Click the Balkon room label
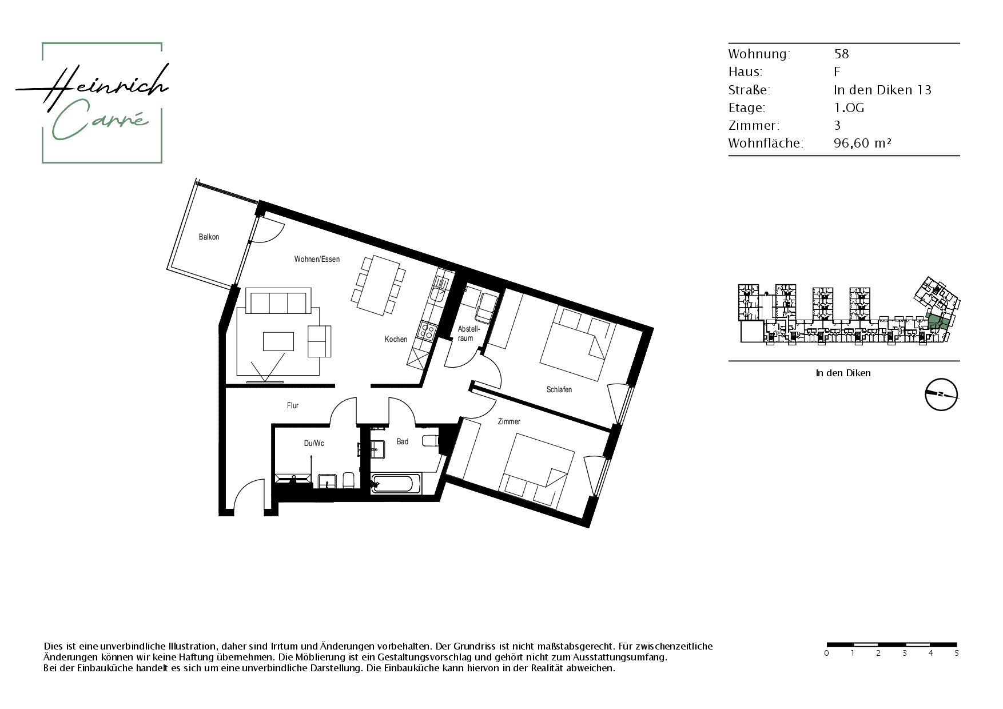coord(209,237)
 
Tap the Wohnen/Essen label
coord(317,259)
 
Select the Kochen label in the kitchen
coord(396,339)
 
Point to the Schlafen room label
coord(559,389)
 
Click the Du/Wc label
coord(314,443)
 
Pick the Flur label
coord(293,405)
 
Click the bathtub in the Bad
coord(396,484)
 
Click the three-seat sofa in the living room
coord(278,301)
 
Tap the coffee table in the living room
coord(278,341)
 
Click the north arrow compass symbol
coord(941,395)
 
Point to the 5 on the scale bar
coord(957,653)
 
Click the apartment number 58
coord(841,54)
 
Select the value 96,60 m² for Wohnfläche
coord(863,143)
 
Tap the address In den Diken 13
coord(882,90)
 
